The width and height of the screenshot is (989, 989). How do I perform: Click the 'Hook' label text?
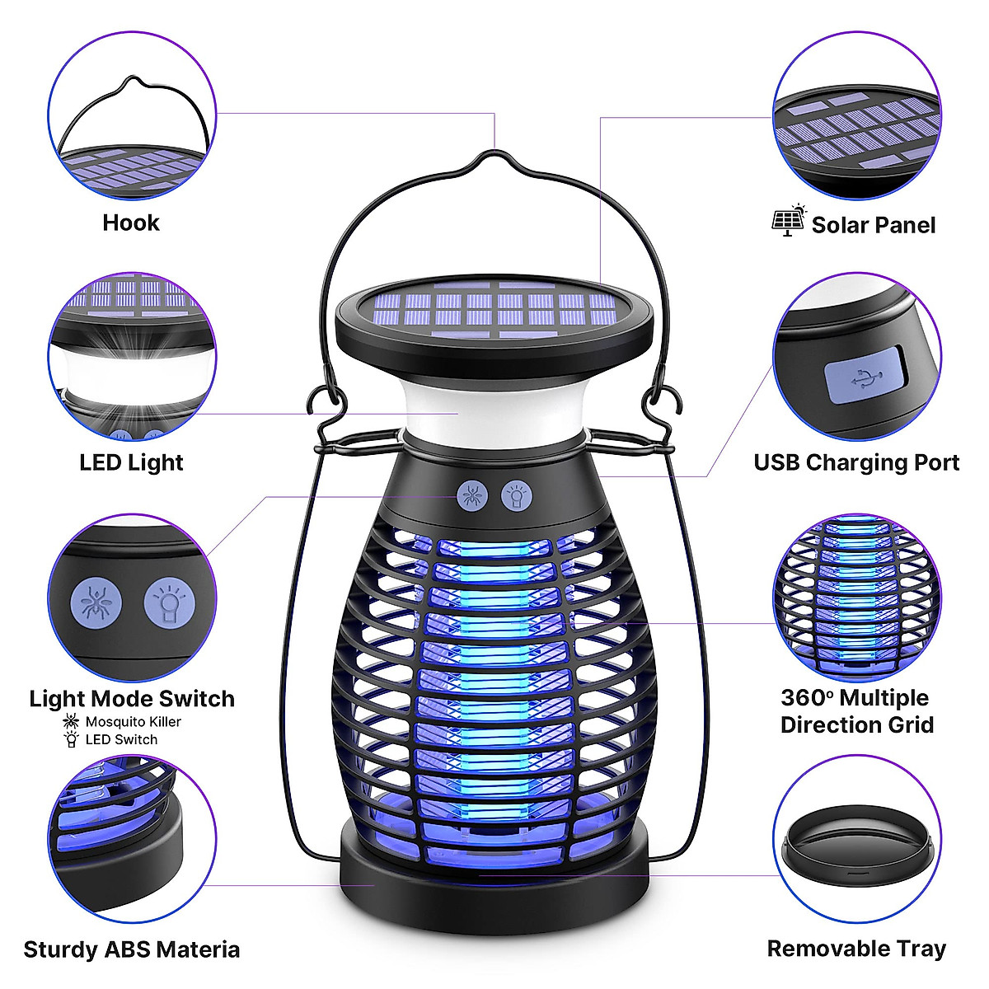click(x=131, y=223)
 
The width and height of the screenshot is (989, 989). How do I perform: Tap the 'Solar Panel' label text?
click(x=873, y=225)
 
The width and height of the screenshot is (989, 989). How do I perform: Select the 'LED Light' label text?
click(x=131, y=462)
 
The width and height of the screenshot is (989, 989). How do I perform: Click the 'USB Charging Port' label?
click(x=856, y=462)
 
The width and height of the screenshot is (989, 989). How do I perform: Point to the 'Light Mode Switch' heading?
click(x=132, y=699)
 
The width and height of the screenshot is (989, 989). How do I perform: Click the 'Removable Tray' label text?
click(x=856, y=949)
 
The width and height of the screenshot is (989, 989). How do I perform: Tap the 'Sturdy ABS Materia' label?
click(x=132, y=949)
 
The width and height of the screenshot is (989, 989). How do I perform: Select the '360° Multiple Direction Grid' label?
click(x=856, y=711)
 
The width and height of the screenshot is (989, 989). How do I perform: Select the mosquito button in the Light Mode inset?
click(x=97, y=602)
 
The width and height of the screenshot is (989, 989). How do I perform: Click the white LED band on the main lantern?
click(x=494, y=412)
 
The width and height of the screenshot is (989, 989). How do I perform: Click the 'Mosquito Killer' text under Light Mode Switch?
click(x=133, y=722)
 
